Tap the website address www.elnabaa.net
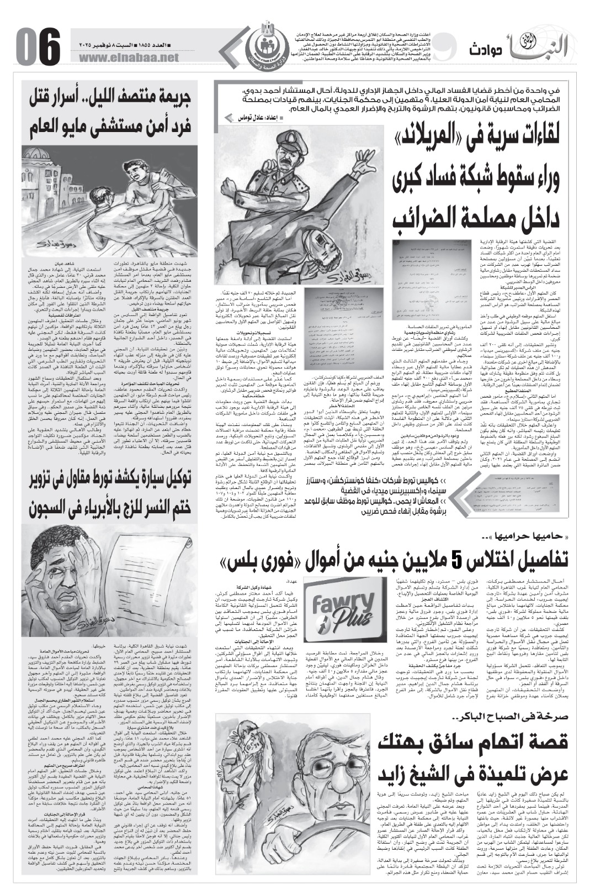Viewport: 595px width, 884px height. (130, 57)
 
